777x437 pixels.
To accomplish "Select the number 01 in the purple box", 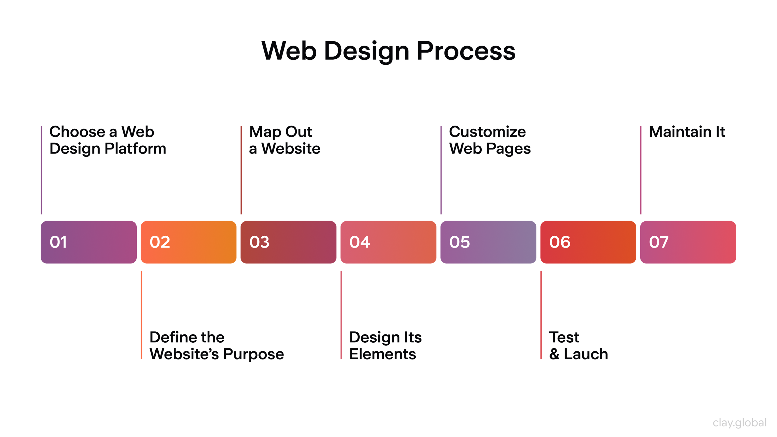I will [58, 242].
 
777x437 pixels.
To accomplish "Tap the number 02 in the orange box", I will [160, 242].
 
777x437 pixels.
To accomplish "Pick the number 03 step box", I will [288, 242].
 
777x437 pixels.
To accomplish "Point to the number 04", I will [360, 242].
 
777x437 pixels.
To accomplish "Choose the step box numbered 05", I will [488, 242].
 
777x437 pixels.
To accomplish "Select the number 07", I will [659, 242].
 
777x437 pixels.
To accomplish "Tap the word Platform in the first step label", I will [135, 149].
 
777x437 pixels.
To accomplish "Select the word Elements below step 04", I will [382, 354].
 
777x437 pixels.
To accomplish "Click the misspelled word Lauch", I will [586, 354].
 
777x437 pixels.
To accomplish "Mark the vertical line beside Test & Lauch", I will [541, 315].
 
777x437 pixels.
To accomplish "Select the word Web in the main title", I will [289, 51].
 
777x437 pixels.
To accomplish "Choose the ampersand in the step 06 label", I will [554, 354].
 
